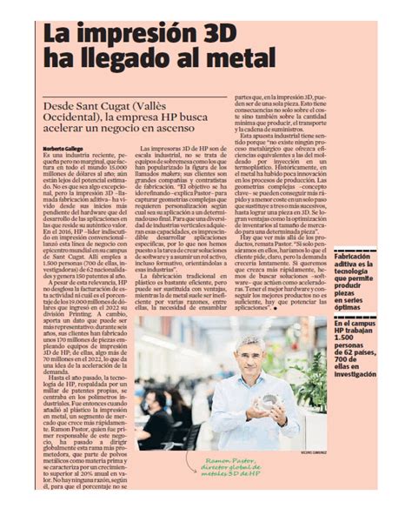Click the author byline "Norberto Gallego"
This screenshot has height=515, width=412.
click(x=63, y=148)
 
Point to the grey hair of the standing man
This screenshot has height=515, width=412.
click(x=249, y=342)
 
